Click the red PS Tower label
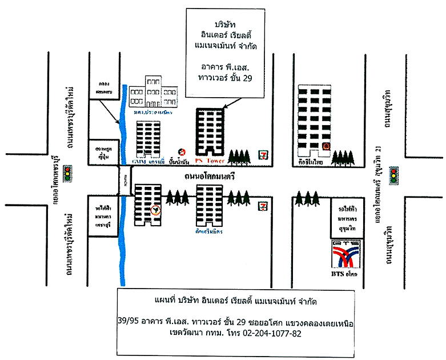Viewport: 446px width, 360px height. [x=208, y=161]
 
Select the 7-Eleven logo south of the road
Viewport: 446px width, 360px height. [x=263, y=204]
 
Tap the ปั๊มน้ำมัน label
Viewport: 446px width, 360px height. [x=181, y=162]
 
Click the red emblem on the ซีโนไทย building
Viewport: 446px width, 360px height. [x=326, y=147]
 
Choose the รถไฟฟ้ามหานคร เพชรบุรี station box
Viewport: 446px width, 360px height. [x=103, y=215]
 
